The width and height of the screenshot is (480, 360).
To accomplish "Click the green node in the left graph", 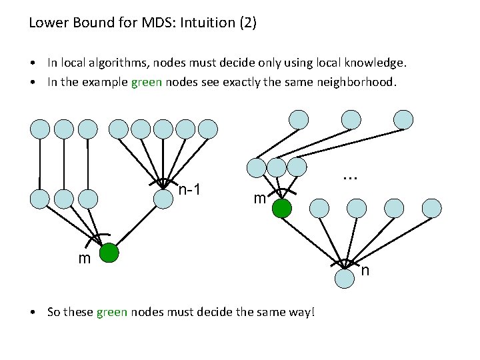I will point(109,254).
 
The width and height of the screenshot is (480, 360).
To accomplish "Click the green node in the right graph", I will point(282,209).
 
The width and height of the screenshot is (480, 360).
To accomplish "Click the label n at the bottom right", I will point(365,270).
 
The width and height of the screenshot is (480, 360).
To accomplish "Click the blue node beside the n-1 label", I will point(163,199).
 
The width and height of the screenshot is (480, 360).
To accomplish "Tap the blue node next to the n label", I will point(345,278).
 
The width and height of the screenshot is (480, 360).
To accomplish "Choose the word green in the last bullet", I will point(111,311).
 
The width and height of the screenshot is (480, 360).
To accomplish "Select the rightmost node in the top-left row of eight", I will point(208,129).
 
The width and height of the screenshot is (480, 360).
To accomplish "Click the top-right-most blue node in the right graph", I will point(403,119).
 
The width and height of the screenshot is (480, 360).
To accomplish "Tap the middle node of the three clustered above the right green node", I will point(277,167).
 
